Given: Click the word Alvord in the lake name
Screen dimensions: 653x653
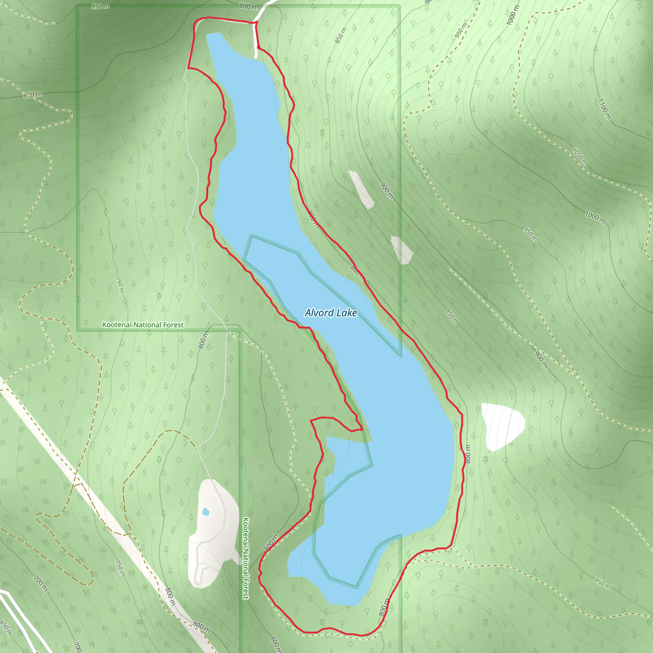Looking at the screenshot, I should [319, 313].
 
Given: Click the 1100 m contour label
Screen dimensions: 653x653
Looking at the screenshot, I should [604, 109].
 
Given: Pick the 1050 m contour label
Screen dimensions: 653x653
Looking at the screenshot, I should [580, 157].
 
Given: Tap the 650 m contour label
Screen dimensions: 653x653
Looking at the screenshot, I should [6, 628].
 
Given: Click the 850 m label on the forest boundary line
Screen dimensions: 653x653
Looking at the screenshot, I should [100, 6].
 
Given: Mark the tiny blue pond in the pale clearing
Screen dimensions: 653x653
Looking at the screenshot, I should [206, 512].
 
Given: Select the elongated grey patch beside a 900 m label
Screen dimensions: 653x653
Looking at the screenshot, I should [361, 189].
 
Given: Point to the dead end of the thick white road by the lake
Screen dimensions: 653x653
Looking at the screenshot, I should [255, 57].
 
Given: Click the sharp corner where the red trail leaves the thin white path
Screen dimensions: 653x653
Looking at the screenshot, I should [188, 68].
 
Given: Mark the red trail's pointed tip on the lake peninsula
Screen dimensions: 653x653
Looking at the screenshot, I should [362, 430].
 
